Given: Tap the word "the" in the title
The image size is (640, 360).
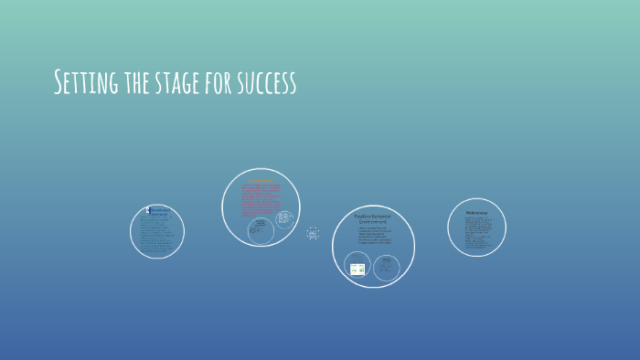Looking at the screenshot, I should pos(140,83).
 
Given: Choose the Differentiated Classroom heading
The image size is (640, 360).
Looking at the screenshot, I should pos(158,211).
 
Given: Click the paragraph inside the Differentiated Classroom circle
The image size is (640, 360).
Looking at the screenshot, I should pos(156,235).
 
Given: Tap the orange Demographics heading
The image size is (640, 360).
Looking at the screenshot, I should pos(260,180).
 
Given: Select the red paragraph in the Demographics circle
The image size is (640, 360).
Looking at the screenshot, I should pos(260,200).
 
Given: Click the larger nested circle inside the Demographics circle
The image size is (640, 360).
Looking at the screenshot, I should pos(260,228).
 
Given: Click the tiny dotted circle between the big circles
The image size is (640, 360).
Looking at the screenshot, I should pos(314,234).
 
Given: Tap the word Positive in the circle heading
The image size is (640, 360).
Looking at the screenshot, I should pos(364,217).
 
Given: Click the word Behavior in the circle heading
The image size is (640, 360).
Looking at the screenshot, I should pos(384,217).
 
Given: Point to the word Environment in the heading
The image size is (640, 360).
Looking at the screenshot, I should pos(373,222).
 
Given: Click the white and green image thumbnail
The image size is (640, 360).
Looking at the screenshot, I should pos(357,269).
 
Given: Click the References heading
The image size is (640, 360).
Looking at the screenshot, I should pos(476,213).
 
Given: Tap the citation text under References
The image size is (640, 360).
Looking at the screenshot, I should pos(476,234).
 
